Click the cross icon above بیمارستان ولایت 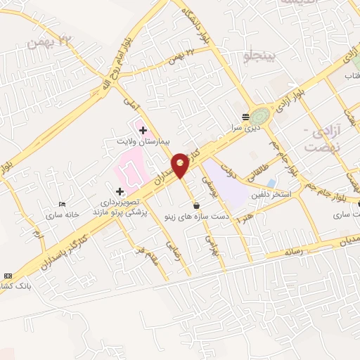coord(143,130)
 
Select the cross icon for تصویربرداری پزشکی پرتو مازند coord(120,191)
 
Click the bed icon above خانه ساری coord(63,205)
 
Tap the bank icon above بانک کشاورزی coord(8,276)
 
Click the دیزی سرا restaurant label coord(247,129)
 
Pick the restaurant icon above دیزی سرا coord(245,117)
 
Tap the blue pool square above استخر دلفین coord(271,184)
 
